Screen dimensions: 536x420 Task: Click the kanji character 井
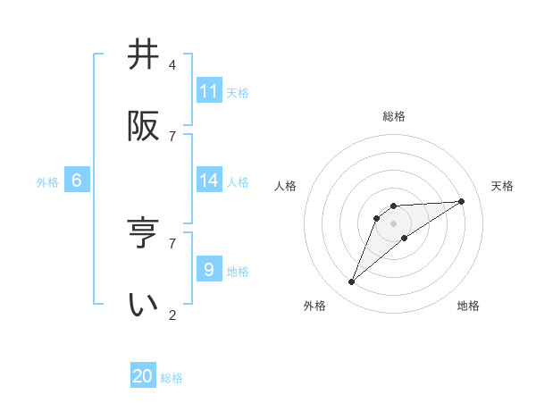(x=144, y=55)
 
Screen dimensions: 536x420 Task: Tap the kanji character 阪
(x=144, y=126)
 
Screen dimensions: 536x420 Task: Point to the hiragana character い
(x=144, y=305)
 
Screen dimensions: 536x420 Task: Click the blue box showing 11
(x=209, y=91)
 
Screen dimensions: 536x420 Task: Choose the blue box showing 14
(x=209, y=181)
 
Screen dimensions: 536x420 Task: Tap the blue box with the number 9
(x=209, y=270)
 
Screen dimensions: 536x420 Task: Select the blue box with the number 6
(x=77, y=181)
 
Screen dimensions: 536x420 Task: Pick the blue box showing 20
(x=143, y=376)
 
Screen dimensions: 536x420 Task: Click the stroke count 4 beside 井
(x=172, y=65)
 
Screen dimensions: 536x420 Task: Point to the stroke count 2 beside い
(x=172, y=315)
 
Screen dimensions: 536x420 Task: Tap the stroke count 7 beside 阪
(x=172, y=136)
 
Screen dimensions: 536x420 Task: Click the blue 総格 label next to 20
(x=172, y=378)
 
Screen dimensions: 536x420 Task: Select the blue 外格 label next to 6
(x=47, y=182)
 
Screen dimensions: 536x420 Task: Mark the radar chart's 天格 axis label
(x=503, y=186)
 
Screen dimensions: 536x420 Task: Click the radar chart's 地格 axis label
(x=468, y=306)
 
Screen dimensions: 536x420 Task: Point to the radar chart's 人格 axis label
(x=286, y=186)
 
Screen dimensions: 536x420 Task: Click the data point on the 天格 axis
(x=462, y=201)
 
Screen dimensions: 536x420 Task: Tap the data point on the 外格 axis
(x=352, y=282)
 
